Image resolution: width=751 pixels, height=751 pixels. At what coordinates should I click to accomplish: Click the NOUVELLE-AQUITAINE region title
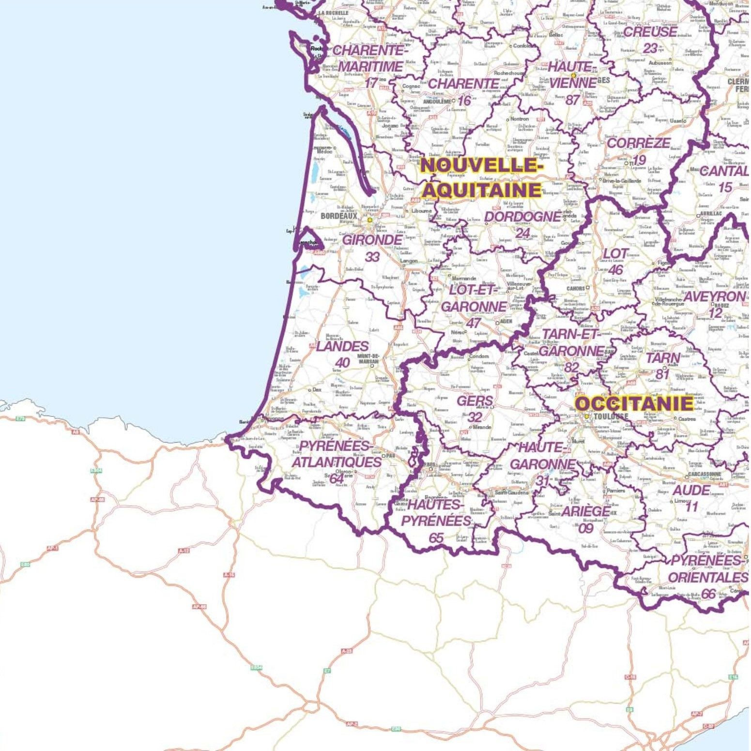pyautogui.click(x=480, y=177)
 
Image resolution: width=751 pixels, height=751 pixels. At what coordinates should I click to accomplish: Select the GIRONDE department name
pyautogui.click(x=372, y=240)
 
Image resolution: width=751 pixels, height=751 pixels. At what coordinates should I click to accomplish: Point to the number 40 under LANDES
pyautogui.click(x=342, y=363)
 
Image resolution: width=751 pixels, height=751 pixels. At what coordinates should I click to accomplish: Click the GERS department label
pyautogui.click(x=475, y=401)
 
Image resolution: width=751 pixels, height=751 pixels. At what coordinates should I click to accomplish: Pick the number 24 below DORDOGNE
pyautogui.click(x=523, y=233)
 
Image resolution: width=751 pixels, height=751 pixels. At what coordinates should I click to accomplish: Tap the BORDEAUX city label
pyautogui.click(x=339, y=215)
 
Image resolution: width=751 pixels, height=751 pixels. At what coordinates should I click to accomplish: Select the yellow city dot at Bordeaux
pyautogui.click(x=370, y=220)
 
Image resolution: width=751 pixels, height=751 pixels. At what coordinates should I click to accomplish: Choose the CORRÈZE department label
pyautogui.click(x=638, y=143)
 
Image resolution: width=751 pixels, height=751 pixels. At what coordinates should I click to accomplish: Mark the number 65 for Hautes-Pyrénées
pyautogui.click(x=436, y=537)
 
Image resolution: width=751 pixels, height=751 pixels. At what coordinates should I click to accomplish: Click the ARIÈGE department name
pyautogui.click(x=586, y=511)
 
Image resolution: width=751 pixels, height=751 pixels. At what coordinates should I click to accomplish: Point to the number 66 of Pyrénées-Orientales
pyautogui.click(x=708, y=594)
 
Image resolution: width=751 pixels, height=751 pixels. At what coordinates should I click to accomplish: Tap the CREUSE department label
pyautogui.click(x=650, y=32)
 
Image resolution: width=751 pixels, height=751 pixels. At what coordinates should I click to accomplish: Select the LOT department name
pyautogui.click(x=615, y=254)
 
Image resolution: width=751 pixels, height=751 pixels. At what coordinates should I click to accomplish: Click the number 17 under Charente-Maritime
pyautogui.click(x=371, y=83)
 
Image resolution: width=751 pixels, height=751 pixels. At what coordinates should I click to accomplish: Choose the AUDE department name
pyautogui.click(x=691, y=490)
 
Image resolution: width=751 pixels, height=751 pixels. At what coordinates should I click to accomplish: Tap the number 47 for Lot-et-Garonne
pyautogui.click(x=473, y=323)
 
